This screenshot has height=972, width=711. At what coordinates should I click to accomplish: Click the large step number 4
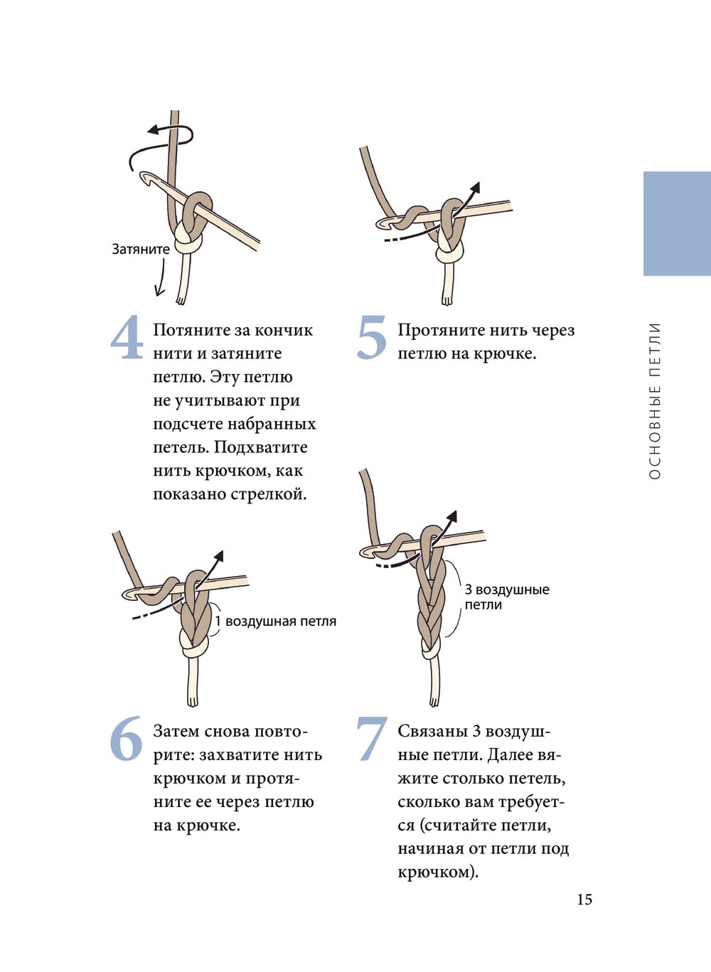(127, 337)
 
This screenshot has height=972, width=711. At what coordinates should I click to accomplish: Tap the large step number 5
(372, 338)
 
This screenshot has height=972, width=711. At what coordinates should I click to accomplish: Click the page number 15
(584, 899)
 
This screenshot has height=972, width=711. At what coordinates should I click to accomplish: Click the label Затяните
(141, 249)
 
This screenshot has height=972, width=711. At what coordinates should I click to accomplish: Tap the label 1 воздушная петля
(276, 621)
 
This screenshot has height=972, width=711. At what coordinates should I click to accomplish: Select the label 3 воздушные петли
(507, 597)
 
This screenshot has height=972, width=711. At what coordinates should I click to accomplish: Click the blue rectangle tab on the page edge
(677, 223)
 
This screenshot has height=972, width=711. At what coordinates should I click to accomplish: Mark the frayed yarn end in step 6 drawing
(193, 702)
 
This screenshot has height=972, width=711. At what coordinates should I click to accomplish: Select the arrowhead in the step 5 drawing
(476, 188)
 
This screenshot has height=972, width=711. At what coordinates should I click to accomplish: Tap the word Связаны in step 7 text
(430, 732)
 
